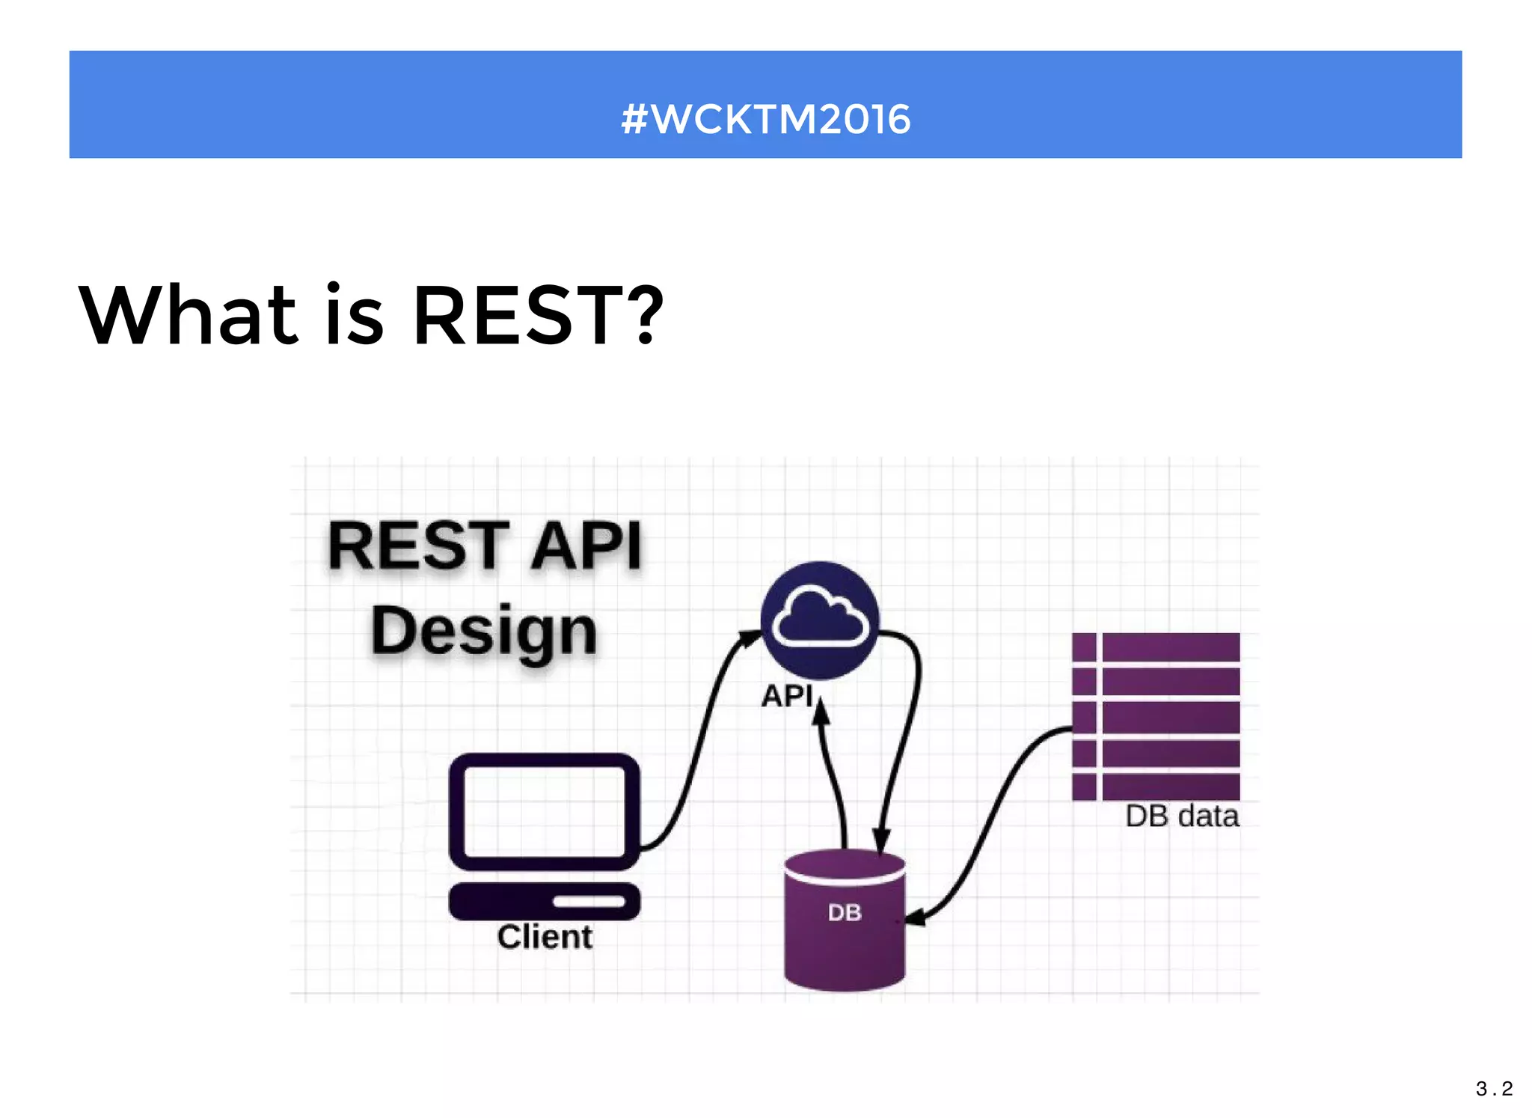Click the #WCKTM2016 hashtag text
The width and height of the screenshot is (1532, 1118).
[765, 120]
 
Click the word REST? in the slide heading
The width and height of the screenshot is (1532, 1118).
[537, 316]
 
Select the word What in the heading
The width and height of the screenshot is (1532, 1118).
[189, 316]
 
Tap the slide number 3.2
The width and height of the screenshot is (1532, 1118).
[1494, 1088]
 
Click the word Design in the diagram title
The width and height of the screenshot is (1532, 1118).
[484, 630]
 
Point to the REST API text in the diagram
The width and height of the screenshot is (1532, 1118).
[485, 546]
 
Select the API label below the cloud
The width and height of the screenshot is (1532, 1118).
[787, 696]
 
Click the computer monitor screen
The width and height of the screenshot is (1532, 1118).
[544, 812]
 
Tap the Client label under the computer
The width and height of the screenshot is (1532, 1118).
[545, 937]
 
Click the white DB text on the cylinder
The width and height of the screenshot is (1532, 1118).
[845, 912]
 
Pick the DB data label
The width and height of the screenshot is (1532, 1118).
[1182, 816]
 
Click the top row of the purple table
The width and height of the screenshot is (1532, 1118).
[1156, 647]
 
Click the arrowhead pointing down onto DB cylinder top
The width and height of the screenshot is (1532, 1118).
[881, 840]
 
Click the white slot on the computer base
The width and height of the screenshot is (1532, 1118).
[589, 901]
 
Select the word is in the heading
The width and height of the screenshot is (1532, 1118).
[355, 316]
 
